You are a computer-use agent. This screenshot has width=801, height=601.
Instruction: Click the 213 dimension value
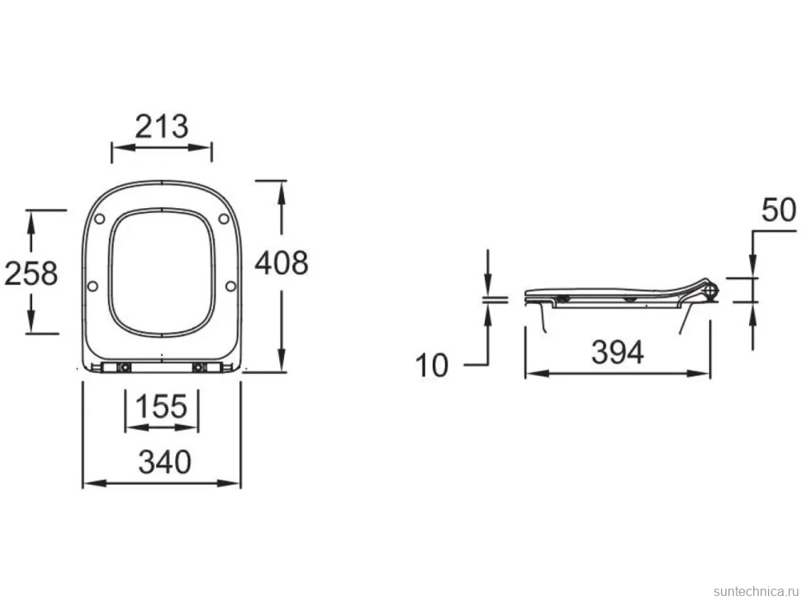click(161, 126)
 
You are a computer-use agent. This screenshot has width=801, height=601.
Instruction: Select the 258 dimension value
click(31, 273)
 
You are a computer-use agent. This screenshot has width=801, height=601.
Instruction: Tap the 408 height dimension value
click(282, 263)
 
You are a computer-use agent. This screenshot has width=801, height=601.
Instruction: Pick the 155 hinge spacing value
click(161, 406)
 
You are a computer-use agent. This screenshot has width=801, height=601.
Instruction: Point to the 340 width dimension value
click(164, 462)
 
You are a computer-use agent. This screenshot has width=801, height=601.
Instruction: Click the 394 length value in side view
click(618, 353)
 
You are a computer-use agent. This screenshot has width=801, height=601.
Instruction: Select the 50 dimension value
click(779, 210)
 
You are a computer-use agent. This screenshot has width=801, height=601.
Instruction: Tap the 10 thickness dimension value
click(432, 366)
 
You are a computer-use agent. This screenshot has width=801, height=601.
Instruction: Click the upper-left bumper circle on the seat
click(100, 219)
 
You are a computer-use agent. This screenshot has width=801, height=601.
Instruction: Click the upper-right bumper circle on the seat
click(224, 219)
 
